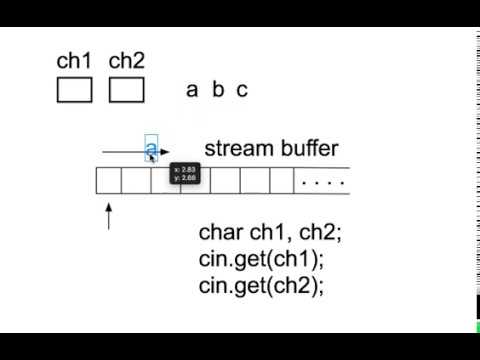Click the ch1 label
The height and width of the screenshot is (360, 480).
[x=74, y=61]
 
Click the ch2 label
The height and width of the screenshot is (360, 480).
[x=126, y=61]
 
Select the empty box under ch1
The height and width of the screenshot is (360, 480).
[x=74, y=90]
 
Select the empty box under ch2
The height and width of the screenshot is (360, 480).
[x=126, y=90]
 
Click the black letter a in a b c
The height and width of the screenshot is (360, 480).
[x=192, y=90]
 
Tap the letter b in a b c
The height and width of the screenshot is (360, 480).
[x=218, y=90]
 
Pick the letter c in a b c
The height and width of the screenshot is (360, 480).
[x=242, y=90]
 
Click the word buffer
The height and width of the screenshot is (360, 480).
[x=306, y=149]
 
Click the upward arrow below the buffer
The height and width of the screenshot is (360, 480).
[x=108, y=215]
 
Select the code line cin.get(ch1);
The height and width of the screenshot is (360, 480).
[x=262, y=260]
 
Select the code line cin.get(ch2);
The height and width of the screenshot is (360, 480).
[x=262, y=285]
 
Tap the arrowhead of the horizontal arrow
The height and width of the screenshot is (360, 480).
[x=165, y=153]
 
